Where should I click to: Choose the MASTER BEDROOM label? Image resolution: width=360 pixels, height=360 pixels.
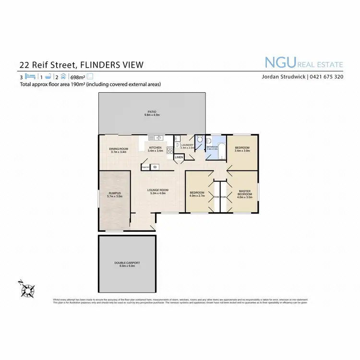245,192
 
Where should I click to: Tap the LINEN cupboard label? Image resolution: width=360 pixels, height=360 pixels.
179,157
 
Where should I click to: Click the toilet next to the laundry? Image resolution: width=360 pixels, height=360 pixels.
200,140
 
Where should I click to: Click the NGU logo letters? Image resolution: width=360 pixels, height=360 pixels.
281,62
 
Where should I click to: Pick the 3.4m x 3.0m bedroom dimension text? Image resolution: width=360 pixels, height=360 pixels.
241,150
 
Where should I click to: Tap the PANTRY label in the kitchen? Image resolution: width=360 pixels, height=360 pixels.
145,167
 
